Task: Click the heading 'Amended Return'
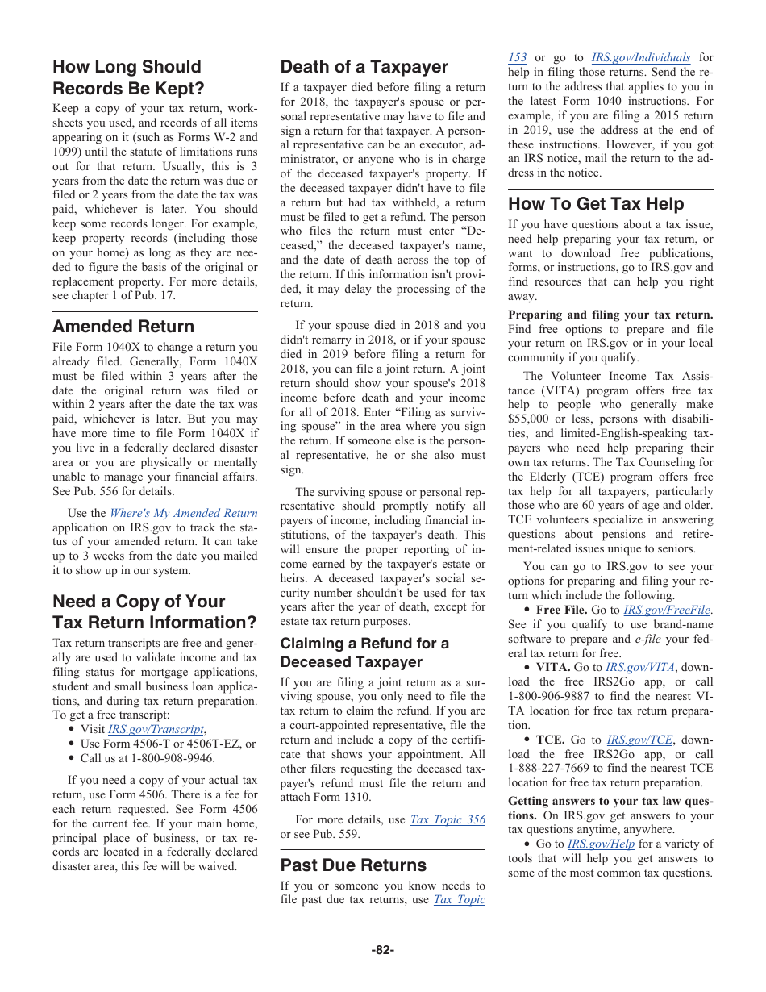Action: [123, 327]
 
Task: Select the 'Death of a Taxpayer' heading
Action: [364, 67]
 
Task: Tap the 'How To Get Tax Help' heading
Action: [596, 204]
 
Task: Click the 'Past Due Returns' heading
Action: [353, 865]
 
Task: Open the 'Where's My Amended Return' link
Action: [183, 513]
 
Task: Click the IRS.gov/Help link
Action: [601, 844]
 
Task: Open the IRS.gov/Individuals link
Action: [640, 58]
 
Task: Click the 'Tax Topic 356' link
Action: [448, 819]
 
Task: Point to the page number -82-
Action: [382, 950]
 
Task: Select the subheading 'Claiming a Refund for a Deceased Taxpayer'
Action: [364, 652]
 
